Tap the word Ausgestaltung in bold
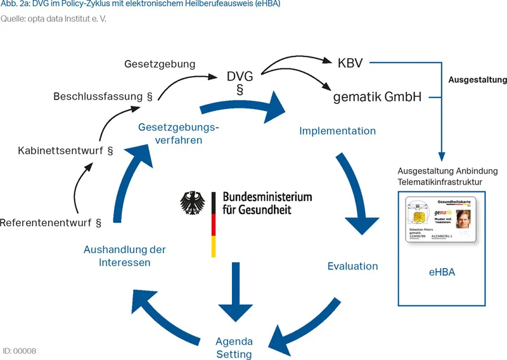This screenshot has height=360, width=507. point(477,80)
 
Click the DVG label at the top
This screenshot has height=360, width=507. point(240,77)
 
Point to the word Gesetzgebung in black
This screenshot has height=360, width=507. point(160,64)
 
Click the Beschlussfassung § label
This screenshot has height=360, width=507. point(103,97)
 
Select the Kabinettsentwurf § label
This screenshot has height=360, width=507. point(65,151)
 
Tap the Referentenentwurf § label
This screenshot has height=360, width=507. point(51,222)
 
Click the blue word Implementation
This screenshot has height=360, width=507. point(337,131)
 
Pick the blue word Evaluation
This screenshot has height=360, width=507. point(352,266)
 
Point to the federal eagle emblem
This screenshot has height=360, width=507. point(195,203)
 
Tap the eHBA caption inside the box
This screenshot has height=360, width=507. point(442,273)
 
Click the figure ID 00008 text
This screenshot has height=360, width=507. point(20,350)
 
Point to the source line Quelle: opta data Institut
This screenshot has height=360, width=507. point(53,18)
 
